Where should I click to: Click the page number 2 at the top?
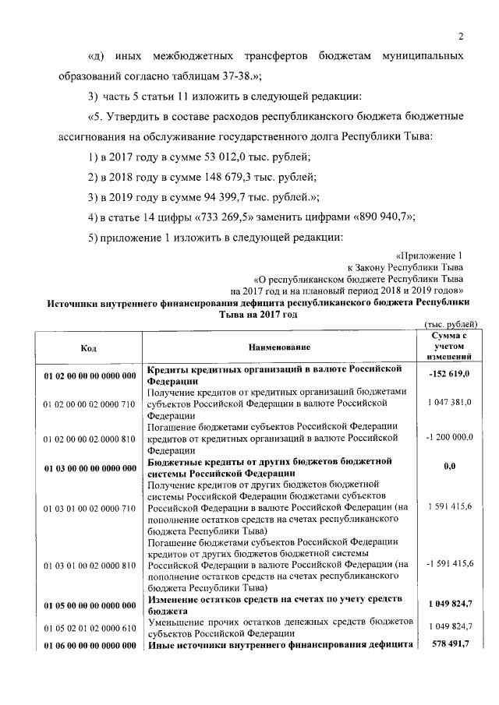click(x=461, y=37)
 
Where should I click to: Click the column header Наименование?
click(x=280, y=347)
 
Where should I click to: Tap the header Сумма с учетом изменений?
click(x=448, y=346)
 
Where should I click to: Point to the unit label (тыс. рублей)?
click(x=450, y=324)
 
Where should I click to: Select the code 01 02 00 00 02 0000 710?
click(x=90, y=404)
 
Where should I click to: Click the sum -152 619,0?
click(x=449, y=375)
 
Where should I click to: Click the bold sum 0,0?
click(x=449, y=467)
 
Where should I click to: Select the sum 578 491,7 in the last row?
click(x=449, y=642)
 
